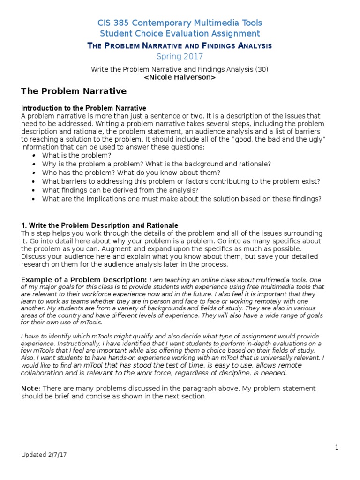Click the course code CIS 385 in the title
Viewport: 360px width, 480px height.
113,22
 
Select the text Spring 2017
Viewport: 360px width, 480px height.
180,56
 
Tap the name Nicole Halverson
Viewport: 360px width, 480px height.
180,78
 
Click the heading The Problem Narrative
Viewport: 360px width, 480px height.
74,91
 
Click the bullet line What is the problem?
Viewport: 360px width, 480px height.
76,155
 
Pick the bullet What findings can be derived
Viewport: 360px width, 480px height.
120,190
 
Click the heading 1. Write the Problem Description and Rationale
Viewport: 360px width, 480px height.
100,225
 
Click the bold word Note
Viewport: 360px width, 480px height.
30,389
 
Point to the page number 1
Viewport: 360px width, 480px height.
337,447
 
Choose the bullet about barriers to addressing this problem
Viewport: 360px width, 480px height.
181,181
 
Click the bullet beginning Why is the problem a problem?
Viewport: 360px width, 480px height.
157,164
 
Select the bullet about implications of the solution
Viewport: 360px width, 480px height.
182,199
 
